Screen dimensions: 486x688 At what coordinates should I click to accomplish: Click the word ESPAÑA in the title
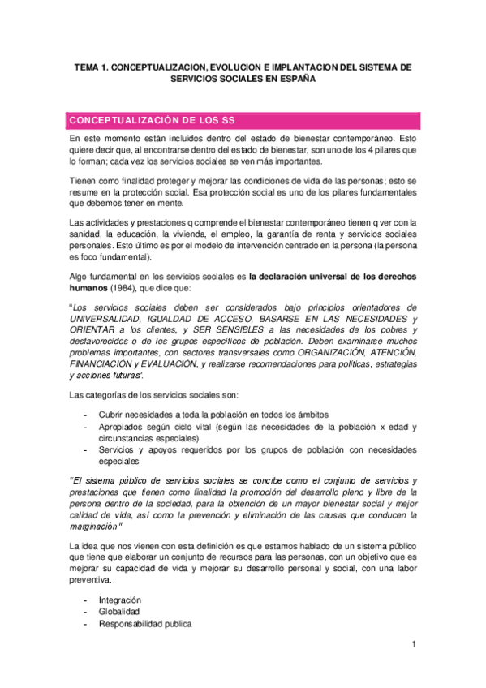pos(296,81)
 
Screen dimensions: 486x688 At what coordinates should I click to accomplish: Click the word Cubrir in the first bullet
pos(114,415)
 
